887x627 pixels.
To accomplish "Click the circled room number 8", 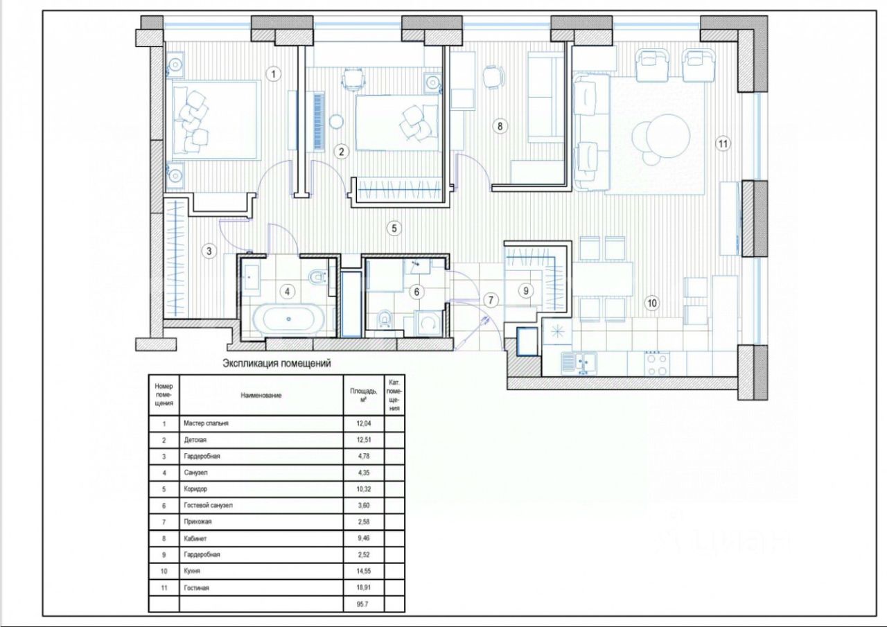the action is click(x=500, y=126).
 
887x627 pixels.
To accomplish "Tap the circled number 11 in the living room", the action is click(x=723, y=143).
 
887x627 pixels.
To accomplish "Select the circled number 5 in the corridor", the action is click(x=394, y=228).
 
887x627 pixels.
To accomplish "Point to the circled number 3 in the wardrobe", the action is click(x=209, y=251).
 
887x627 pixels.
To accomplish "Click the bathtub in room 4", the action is click(x=289, y=319).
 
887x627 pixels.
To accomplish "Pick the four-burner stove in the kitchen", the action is click(x=656, y=363).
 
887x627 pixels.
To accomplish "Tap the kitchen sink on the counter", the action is click(x=579, y=363).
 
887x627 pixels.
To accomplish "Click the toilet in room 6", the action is click(x=384, y=319).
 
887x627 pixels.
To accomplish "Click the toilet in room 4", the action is click(x=317, y=277).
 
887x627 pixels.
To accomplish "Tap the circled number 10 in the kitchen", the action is click(x=652, y=303).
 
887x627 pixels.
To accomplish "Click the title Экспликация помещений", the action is click(x=276, y=363).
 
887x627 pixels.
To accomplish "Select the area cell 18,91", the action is click(x=363, y=588).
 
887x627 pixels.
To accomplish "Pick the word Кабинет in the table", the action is click(x=195, y=538).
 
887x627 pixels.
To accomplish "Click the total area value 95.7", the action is click(x=362, y=604).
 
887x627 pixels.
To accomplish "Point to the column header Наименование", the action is click(x=261, y=395).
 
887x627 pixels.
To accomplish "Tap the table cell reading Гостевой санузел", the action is click(x=209, y=506).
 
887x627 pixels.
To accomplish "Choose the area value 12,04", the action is click(x=364, y=423).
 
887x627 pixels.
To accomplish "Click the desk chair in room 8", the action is click(x=493, y=76).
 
